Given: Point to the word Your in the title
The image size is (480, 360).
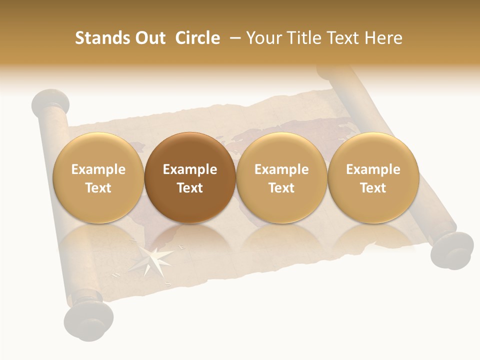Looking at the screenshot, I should coord(263,38).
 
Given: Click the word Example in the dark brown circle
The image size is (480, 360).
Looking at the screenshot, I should coord(190,169).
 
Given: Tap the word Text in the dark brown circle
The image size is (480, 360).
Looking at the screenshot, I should coord(190,188).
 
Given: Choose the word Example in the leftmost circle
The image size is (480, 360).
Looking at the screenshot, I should coord(98,169).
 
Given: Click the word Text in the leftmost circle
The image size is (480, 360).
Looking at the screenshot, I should coord(98,188).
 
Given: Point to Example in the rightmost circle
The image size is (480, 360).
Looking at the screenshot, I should coord(373,169).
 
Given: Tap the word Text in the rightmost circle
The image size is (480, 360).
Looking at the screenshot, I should coord(373,188).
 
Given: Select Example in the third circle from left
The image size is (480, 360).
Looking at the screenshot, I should coord(281,169).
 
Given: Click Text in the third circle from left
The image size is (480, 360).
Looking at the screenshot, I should coord(281,188).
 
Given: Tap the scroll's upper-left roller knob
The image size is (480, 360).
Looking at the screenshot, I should coord(50,102).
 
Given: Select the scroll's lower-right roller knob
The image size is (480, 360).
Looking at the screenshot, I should coord(452,250).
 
